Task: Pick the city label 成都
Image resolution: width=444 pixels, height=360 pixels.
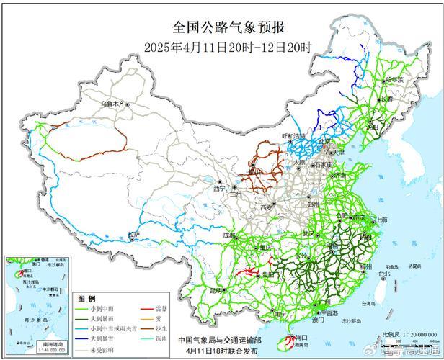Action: (228, 235)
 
